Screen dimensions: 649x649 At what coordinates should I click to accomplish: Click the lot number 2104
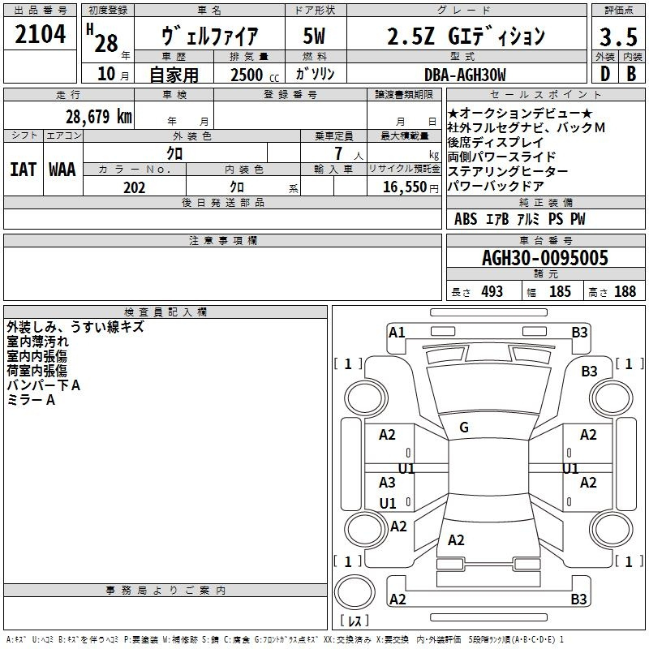point(40,34)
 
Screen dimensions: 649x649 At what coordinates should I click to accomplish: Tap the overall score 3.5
point(618,37)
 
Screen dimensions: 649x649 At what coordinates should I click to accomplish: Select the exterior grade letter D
point(605,74)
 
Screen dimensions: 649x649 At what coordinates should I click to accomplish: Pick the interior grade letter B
point(631,74)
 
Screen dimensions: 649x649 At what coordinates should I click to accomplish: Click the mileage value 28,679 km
point(99,117)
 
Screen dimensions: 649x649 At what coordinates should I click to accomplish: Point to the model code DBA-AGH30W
point(465,75)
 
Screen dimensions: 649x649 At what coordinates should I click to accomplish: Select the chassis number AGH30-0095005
point(545,258)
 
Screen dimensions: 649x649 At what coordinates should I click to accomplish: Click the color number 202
point(135,187)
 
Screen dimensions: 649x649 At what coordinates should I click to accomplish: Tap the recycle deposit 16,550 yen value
point(410,187)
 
